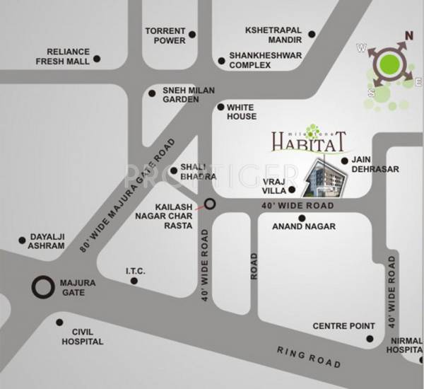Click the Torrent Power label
165,36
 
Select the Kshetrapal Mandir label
273,36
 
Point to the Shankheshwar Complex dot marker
222,60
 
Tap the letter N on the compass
408,35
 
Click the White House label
242,112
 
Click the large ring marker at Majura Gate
43,287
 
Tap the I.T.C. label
135,269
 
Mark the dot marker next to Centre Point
368,339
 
